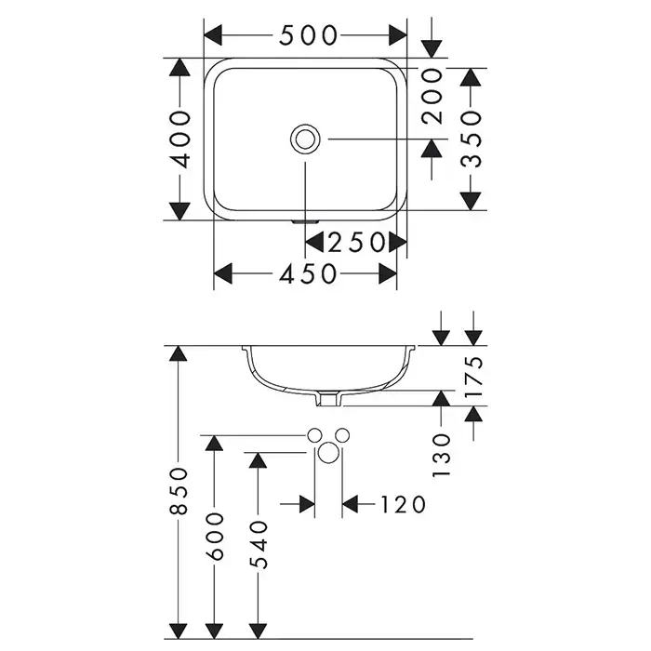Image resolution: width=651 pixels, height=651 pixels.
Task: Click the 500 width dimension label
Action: click(x=307, y=35)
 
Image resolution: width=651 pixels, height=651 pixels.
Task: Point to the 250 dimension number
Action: click(x=356, y=243)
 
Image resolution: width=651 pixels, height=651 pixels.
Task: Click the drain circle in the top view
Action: click(x=305, y=139)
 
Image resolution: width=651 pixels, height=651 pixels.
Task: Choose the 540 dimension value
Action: click(x=258, y=544)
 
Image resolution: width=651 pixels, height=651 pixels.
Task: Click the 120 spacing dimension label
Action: click(x=402, y=504)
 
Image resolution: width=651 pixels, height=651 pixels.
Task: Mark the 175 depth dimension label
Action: click(x=473, y=376)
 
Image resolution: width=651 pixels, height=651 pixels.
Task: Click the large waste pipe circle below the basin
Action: click(x=328, y=454)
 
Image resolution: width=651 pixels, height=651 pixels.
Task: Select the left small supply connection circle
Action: click(x=315, y=435)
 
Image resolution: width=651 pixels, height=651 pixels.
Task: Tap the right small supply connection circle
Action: click(x=341, y=435)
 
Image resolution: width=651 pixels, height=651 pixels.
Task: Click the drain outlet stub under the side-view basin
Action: click(x=327, y=399)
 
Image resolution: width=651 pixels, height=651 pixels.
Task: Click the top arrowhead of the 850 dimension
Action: click(x=178, y=353)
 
